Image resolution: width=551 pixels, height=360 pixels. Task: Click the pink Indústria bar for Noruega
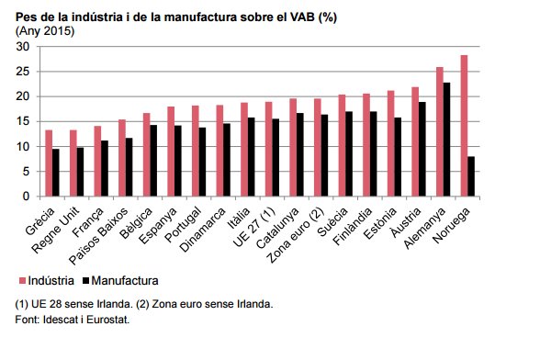pyautogui.click(x=464, y=126)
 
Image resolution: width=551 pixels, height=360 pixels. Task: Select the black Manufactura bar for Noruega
pyautogui.click(x=471, y=176)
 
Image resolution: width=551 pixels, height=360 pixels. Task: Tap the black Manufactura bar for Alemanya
pyautogui.click(x=446, y=140)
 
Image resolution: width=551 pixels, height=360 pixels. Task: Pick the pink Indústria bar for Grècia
pyautogui.click(x=49, y=163)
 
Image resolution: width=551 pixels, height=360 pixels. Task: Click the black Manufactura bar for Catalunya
pyautogui.click(x=299, y=154)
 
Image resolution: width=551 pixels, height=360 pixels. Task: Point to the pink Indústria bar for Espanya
pyautogui.click(x=171, y=152)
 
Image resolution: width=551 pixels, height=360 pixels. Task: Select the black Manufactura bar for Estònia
pyautogui.click(x=398, y=157)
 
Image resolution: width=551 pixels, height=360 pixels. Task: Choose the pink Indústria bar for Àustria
pyautogui.click(x=415, y=141)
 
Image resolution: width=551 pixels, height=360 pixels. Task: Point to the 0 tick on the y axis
pyautogui.click(x=26, y=197)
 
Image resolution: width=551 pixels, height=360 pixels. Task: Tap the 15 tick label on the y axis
pyautogui.click(x=22, y=121)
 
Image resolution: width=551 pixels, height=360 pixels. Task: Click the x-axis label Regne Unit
pyautogui.click(x=56, y=231)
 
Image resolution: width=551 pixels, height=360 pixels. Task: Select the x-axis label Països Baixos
pyautogui.click(x=99, y=236)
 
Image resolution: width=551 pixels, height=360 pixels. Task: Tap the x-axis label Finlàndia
pyautogui.click(x=353, y=227)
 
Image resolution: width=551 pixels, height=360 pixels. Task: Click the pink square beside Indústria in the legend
pyautogui.click(x=22, y=280)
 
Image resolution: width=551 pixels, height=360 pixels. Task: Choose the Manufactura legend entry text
pyautogui.click(x=125, y=280)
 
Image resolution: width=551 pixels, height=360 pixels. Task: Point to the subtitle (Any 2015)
pyautogui.click(x=45, y=31)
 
